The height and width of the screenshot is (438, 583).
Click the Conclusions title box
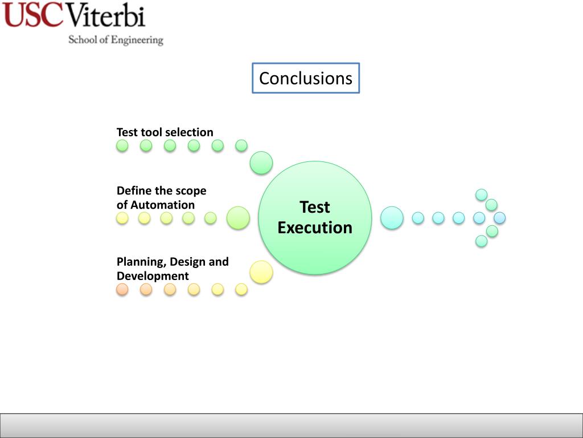coord(306,78)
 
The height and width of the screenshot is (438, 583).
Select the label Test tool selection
coord(165,132)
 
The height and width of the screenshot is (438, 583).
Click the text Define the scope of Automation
coord(161,198)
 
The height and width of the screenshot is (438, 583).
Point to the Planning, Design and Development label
coord(173,269)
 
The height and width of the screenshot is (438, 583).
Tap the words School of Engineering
coord(116,40)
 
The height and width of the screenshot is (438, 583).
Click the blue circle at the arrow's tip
coord(499,218)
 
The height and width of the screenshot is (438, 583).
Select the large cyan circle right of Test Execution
coord(392,218)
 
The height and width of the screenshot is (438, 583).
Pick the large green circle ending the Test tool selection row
coord(261,163)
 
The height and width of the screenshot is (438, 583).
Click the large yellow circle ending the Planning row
coord(261,272)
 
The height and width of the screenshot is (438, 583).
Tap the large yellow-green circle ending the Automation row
coord(238,218)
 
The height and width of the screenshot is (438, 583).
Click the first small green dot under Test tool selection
coord(122,146)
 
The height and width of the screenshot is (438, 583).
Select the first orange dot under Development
coord(122,290)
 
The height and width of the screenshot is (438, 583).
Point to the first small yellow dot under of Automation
coord(122,218)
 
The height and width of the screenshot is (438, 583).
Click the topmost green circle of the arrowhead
coord(482,194)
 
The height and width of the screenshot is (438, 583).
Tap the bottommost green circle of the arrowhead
coord(482,241)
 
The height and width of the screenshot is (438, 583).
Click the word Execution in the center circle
coord(315,228)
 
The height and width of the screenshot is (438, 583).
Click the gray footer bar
coord(291,425)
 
